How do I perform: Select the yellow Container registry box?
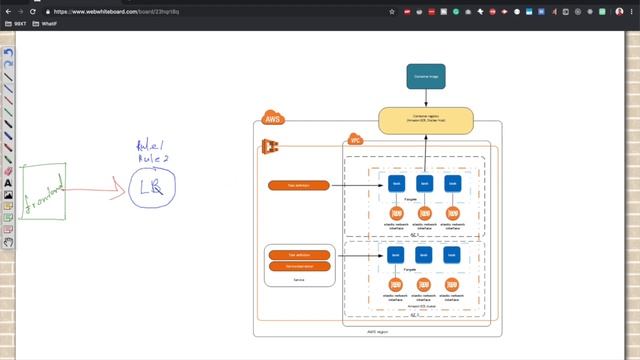[424, 122]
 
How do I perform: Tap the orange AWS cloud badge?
[272, 119]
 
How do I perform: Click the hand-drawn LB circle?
[152, 187]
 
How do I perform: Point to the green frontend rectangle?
[43, 189]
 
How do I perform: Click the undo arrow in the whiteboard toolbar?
[8, 53]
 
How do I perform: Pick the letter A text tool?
[8, 183]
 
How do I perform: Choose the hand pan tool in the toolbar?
[8, 241]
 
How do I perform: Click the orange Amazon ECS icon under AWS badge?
[269, 146]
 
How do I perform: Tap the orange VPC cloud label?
[354, 141]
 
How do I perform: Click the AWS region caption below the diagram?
[378, 331]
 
